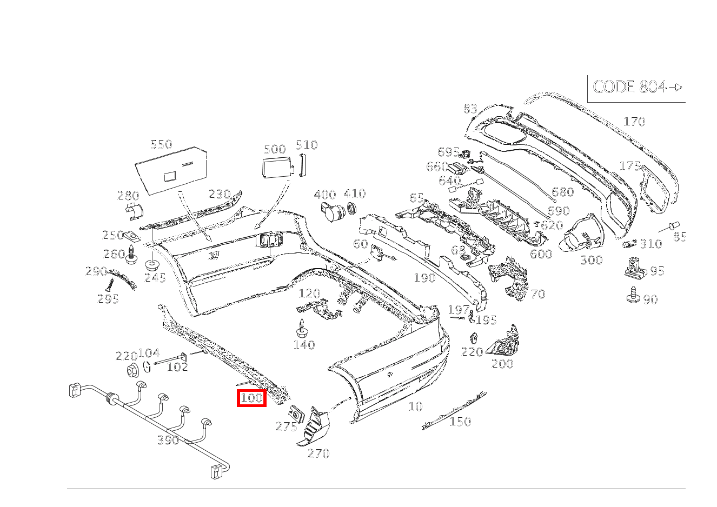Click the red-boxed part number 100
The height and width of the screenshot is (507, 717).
point(251,398)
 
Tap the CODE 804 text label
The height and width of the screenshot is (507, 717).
point(629,86)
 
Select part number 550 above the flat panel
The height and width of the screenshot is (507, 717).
point(161,144)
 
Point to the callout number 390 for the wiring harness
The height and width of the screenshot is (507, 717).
point(168,441)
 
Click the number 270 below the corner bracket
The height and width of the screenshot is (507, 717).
point(318,453)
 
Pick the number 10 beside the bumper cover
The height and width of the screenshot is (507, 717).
point(415,406)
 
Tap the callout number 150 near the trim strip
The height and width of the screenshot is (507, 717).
point(460,422)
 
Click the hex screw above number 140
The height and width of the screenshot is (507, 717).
point(301,328)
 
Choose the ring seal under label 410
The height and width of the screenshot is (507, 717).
point(351,208)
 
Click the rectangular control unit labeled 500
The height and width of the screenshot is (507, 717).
point(278,166)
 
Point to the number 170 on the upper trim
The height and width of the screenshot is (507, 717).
point(634,122)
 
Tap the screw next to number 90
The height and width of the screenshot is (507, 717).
point(633,295)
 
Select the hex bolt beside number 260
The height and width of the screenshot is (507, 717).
point(131,255)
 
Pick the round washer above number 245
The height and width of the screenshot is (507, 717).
point(152,265)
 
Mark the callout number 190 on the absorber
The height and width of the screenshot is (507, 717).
point(425,278)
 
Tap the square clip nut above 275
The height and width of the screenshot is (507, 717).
point(297,414)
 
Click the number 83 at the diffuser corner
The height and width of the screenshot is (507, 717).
point(470,109)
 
